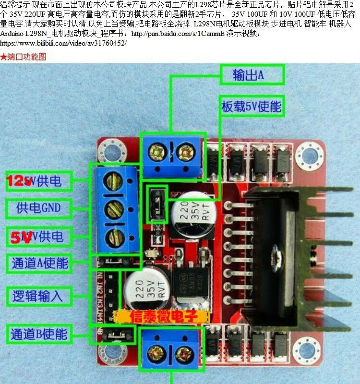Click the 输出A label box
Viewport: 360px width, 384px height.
[252, 74]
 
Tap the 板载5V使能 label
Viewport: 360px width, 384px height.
[251, 106]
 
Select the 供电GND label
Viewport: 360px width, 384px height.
[38, 208]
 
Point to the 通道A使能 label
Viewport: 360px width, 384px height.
[39, 263]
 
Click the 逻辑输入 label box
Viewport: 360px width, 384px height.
[38, 295]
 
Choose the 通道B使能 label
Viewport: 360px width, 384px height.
[39, 333]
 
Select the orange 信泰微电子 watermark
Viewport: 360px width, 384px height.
[162, 317]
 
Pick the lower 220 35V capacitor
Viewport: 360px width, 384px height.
[145, 290]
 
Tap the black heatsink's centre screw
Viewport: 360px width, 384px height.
[278, 252]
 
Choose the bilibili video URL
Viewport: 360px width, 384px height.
[63, 43]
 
